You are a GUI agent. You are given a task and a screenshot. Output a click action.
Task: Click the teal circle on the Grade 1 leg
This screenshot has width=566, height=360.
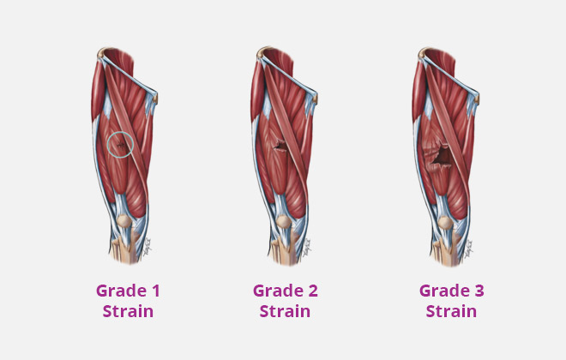107,144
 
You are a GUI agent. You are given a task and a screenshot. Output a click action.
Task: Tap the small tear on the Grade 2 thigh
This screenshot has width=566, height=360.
280,145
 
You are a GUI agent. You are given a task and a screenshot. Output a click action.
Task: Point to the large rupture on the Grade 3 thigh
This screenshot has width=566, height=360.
441,157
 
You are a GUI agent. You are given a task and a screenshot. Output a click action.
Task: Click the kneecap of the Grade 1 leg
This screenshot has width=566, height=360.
123,221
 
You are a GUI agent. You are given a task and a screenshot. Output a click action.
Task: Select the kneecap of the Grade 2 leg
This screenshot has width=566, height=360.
284,221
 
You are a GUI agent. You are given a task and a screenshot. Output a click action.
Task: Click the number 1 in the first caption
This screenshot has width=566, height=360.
155,291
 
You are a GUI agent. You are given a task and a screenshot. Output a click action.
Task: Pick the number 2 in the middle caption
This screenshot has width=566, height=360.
313,291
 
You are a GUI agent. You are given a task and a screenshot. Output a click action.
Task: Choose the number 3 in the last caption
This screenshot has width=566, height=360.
479,291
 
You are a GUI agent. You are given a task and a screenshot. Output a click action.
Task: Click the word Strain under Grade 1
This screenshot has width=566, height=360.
128,311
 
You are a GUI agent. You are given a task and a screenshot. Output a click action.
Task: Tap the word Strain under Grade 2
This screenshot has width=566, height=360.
285,311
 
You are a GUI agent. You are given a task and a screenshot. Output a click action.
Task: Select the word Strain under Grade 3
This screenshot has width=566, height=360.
451,311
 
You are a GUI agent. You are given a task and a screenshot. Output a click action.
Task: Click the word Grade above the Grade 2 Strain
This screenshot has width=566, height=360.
278,291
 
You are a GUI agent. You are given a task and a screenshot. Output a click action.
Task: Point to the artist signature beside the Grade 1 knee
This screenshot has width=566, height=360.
148,247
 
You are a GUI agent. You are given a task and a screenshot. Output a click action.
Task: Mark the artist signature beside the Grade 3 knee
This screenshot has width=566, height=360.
469,249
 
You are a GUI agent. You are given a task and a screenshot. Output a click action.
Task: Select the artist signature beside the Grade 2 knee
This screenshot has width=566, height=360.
307,248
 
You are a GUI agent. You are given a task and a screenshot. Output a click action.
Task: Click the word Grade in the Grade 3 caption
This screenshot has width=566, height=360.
444,291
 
